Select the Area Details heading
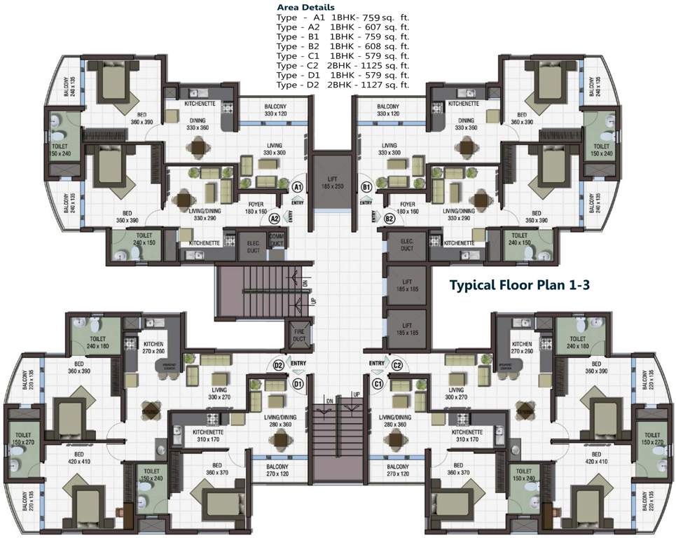(x=306, y=7)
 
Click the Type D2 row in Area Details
(x=343, y=85)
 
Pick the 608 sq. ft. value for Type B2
(x=386, y=46)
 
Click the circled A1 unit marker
(x=297, y=188)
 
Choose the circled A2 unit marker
(x=275, y=219)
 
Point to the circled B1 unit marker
(x=366, y=188)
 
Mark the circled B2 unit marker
(x=390, y=219)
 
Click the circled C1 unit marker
(x=378, y=383)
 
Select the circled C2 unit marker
(x=397, y=364)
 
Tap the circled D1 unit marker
(x=297, y=383)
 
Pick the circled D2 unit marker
(x=278, y=365)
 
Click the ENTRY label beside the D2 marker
(x=298, y=363)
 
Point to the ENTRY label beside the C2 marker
(x=377, y=363)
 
